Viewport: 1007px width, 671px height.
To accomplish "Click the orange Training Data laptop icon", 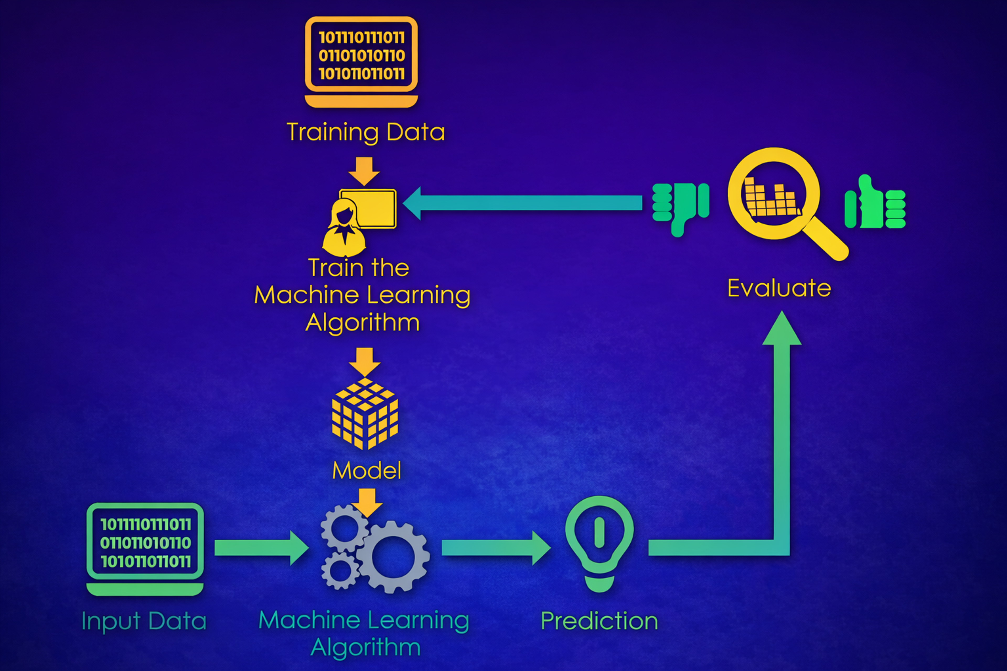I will (x=361, y=60).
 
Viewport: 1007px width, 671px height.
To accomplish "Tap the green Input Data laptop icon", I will (x=145, y=548).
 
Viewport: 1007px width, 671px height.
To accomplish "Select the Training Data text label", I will (x=366, y=132).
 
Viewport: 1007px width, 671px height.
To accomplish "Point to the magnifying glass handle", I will (x=826, y=240).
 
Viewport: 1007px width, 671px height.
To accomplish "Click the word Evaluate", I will (x=779, y=288).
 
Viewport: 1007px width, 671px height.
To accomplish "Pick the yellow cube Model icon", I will (x=365, y=413).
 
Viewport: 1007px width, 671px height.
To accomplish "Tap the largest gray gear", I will (x=393, y=557).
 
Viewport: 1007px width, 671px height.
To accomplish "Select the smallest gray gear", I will (x=340, y=570).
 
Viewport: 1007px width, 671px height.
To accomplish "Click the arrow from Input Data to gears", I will (x=261, y=548).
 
